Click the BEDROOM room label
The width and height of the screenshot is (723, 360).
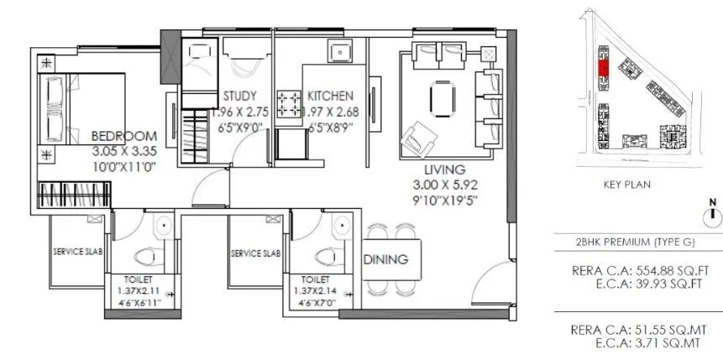[x=123, y=136]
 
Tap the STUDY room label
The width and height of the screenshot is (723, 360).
[x=239, y=96]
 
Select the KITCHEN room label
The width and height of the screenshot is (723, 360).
[x=330, y=96]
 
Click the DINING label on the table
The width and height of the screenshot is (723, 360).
[x=386, y=259]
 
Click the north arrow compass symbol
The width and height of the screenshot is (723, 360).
[x=713, y=213]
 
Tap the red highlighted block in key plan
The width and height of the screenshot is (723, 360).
[x=602, y=68]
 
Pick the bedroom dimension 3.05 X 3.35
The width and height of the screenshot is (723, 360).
[x=123, y=151]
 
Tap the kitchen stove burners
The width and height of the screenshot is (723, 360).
[x=291, y=103]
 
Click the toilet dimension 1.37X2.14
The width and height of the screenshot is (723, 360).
[x=317, y=290]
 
